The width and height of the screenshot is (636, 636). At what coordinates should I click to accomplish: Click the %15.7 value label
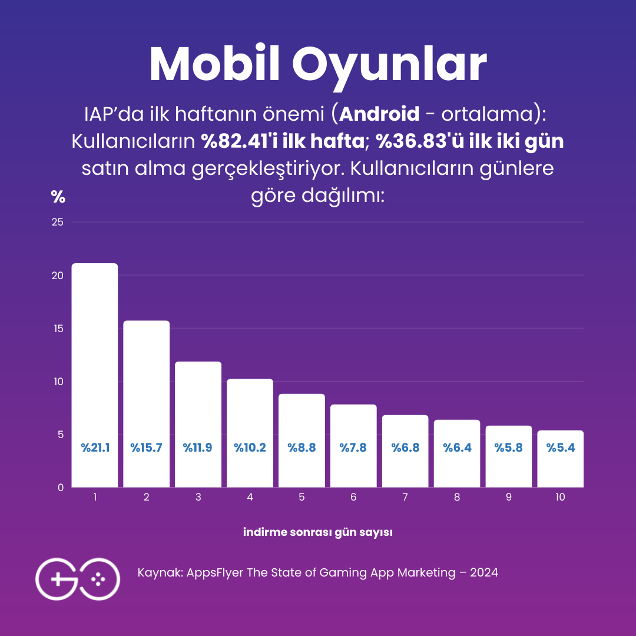pyautogui.click(x=146, y=448)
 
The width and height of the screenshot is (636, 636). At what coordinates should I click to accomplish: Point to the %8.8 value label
pyautogui.click(x=302, y=448)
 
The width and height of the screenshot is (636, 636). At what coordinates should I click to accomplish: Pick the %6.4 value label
pyautogui.click(x=457, y=448)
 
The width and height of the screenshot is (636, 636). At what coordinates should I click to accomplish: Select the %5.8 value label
pyautogui.click(x=509, y=448)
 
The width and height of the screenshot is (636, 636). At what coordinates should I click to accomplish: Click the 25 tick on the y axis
pyautogui.click(x=58, y=222)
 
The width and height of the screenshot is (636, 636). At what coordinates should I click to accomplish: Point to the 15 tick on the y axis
pyautogui.click(x=58, y=328)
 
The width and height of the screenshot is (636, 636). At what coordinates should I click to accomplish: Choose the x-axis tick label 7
pyautogui.click(x=405, y=497)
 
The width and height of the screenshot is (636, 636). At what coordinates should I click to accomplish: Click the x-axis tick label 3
pyautogui.click(x=198, y=497)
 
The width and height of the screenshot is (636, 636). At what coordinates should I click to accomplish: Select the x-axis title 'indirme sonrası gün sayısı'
pyautogui.click(x=318, y=532)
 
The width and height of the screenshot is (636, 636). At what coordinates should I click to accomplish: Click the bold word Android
pyautogui.click(x=379, y=114)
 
